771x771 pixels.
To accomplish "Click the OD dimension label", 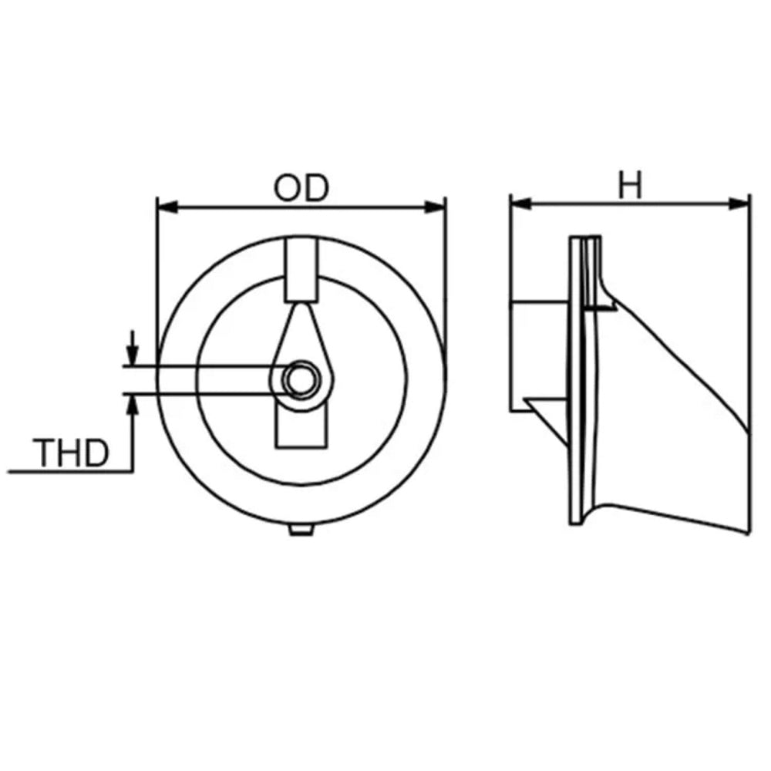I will click(301, 189).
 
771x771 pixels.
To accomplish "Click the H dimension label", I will click(631, 187).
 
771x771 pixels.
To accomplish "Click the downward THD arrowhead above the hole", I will click(133, 357).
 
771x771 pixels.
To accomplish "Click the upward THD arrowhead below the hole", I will click(133, 402).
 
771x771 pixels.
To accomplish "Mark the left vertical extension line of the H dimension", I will click(510, 308).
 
